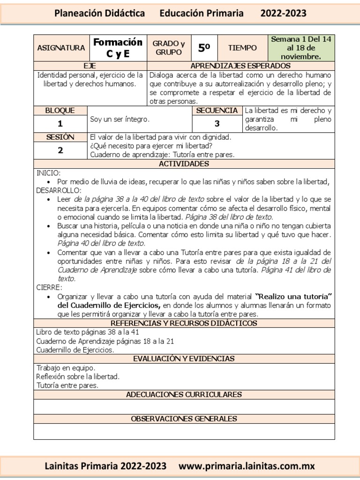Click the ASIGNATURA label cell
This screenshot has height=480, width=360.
pyautogui.click(x=61, y=48)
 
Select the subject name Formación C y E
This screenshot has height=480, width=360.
pyautogui.click(x=118, y=48)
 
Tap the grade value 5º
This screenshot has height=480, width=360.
pyautogui.click(x=204, y=48)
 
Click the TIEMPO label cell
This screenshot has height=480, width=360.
pyautogui.click(x=242, y=48)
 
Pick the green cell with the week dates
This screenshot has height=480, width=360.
pyautogui.click(x=301, y=48)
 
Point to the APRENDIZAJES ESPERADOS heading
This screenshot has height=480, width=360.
pyautogui.click(x=240, y=66)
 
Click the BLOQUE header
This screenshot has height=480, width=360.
pyautogui.click(x=60, y=111)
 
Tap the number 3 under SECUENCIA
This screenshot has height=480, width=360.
pyautogui.click(x=217, y=124)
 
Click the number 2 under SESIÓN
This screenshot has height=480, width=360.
pyautogui.click(x=60, y=150)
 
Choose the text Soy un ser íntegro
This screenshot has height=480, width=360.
pyautogui.click(x=120, y=119)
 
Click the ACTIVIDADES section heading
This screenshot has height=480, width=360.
pyautogui.click(x=184, y=164)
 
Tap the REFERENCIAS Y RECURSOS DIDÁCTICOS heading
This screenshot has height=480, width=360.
pyautogui.click(x=184, y=323)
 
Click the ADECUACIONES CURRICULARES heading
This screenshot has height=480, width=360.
pyautogui.click(x=184, y=395)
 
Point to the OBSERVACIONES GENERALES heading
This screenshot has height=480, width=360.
pyautogui.click(x=184, y=419)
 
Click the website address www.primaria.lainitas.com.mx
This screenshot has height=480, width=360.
pyautogui.click(x=247, y=466)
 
